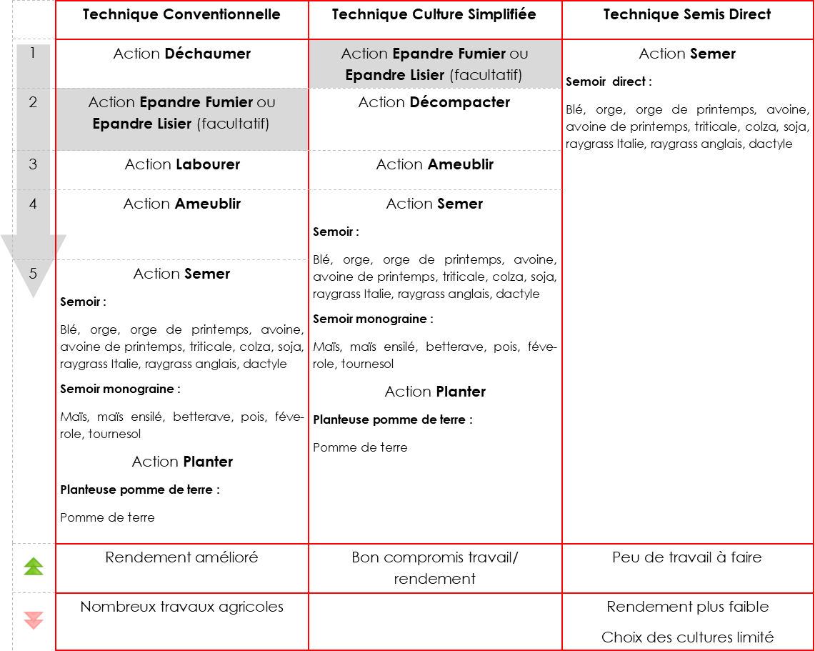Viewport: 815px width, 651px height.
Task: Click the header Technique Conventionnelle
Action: (181, 15)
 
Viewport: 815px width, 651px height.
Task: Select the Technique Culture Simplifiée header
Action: (434, 15)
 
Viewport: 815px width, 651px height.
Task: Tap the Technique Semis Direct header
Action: (687, 15)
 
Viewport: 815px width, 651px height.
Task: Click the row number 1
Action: (33, 53)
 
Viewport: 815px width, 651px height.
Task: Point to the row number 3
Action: (33, 164)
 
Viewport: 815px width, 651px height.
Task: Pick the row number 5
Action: (33, 273)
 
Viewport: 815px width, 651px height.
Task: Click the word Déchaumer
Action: (207, 54)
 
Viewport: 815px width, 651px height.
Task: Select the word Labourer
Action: (208, 164)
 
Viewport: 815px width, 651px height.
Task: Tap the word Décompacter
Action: (460, 102)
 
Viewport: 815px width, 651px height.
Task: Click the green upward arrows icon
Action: (34, 567)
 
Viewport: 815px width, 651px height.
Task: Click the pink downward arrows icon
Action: (34, 620)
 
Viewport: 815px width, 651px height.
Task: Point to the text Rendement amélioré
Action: (181, 557)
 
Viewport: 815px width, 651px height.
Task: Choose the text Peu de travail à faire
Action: (687, 557)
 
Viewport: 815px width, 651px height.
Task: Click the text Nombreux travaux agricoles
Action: (181, 607)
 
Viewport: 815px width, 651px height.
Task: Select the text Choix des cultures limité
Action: (687, 637)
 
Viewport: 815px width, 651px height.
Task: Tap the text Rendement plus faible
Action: (687, 607)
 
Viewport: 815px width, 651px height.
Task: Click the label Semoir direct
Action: (608, 81)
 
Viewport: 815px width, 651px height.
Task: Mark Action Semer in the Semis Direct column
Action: (687, 54)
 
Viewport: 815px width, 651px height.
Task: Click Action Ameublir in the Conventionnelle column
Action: (181, 204)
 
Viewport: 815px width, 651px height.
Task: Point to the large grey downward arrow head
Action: (33, 264)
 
